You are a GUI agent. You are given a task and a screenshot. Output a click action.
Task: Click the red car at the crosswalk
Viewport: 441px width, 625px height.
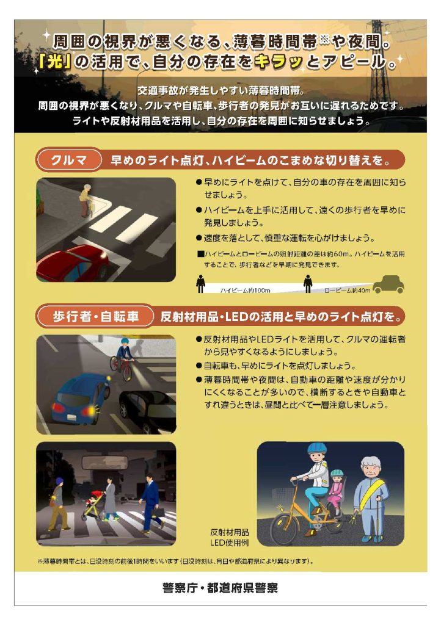pos(72,264)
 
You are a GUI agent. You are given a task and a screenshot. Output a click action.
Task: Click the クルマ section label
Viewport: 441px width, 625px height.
pos(68,160)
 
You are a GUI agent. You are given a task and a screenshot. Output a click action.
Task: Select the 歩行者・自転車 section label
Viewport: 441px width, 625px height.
pos(95,317)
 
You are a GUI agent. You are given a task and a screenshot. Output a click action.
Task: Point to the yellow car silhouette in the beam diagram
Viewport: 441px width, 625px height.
pos(388,284)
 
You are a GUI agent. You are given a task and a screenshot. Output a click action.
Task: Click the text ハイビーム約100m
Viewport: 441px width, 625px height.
pos(245,291)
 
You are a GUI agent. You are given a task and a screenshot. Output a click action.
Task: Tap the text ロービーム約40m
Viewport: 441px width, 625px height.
pos(347,291)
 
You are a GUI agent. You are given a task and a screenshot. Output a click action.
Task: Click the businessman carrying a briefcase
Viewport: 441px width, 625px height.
pos(150,503)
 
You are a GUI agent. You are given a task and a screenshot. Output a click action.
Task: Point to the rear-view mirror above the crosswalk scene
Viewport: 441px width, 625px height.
pos(104,462)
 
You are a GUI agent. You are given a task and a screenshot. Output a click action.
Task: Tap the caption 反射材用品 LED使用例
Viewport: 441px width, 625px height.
pos(230,537)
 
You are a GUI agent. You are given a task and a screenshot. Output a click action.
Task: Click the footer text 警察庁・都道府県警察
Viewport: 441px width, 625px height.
pos(220,588)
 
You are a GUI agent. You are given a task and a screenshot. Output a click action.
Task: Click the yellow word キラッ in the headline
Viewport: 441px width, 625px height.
pos(278,62)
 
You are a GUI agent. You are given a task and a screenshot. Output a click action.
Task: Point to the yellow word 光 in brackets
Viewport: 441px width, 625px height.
pos(55,62)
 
